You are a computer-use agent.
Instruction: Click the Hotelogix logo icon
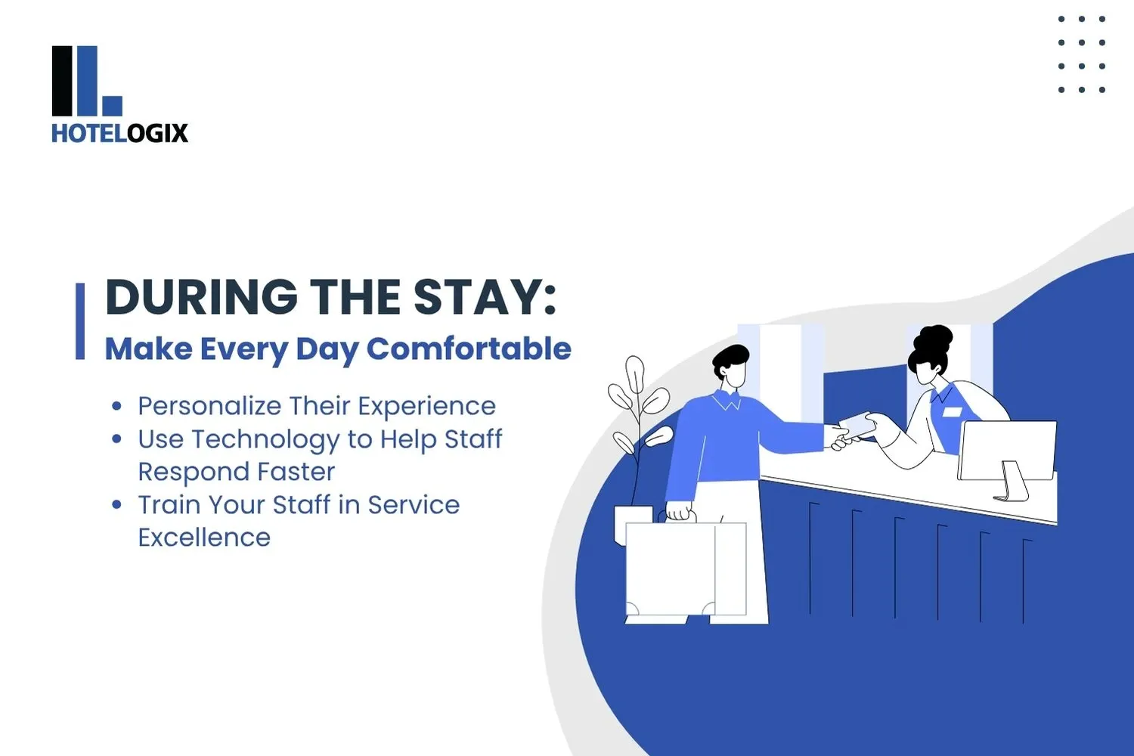pos(86,81)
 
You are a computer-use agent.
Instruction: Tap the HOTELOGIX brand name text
pos(119,133)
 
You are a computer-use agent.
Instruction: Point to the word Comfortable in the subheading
pos(469,349)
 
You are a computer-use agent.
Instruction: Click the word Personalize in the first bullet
pos(209,406)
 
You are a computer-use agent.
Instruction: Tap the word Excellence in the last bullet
pos(204,538)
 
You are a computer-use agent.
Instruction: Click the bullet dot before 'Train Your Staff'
pos(116,504)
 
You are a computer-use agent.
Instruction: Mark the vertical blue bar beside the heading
pos(80,321)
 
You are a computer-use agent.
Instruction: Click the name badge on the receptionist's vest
pos(952,412)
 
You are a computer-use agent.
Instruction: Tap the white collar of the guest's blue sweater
pos(727,400)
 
